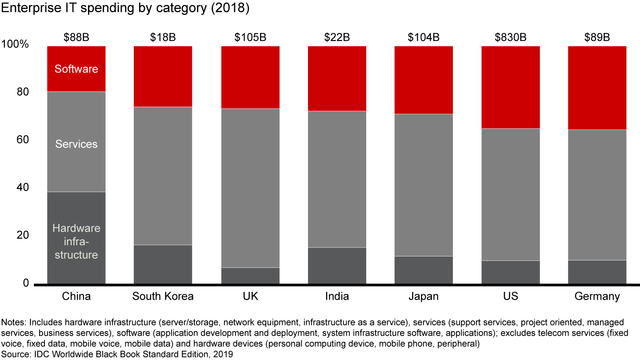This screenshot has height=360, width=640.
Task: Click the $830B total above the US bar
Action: coord(511,37)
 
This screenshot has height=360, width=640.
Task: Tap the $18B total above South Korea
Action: coord(163,37)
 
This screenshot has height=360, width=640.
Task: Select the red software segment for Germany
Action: coord(597,88)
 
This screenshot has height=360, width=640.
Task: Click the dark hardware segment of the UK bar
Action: coord(250,276)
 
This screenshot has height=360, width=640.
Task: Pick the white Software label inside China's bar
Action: coord(76,69)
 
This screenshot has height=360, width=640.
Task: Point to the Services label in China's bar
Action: coord(76,144)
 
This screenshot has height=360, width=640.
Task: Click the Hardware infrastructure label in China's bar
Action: coord(76,241)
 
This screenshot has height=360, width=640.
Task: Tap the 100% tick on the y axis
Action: coord(15,44)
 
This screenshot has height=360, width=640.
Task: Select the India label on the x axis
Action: coord(337,296)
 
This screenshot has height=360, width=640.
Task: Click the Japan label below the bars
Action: coord(424,296)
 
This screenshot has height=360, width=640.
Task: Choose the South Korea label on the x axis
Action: coord(163,296)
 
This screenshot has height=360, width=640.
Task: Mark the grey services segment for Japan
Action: coord(424,185)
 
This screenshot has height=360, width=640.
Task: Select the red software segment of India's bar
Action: coord(337,78)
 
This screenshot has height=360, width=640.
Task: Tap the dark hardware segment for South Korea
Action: coord(163,264)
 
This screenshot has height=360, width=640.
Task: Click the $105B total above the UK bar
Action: coord(250,37)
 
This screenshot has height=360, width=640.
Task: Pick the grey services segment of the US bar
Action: coord(511,194)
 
